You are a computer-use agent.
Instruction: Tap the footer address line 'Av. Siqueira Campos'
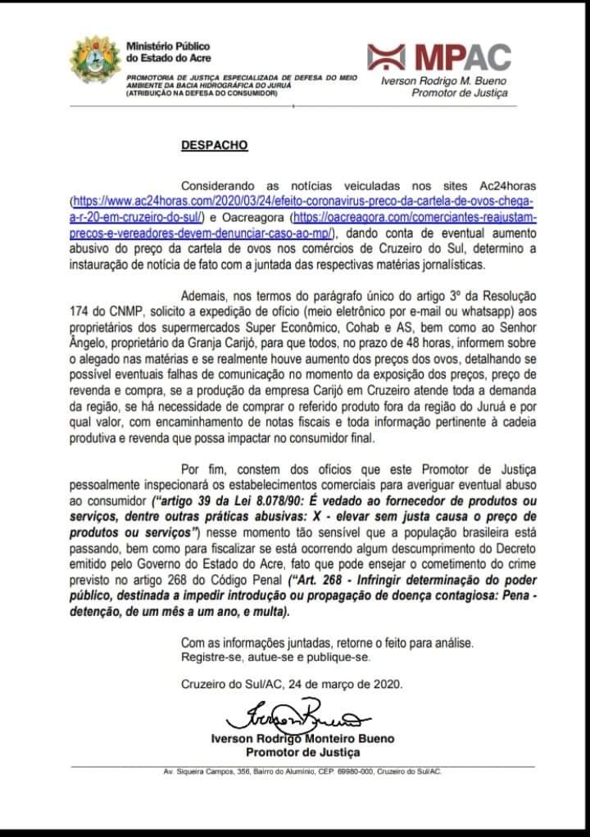click(302, 771)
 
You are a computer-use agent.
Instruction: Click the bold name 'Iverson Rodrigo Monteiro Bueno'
click(302, 739)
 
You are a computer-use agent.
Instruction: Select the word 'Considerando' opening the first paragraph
click(218, 185)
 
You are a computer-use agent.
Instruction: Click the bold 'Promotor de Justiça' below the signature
click(303, 752)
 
